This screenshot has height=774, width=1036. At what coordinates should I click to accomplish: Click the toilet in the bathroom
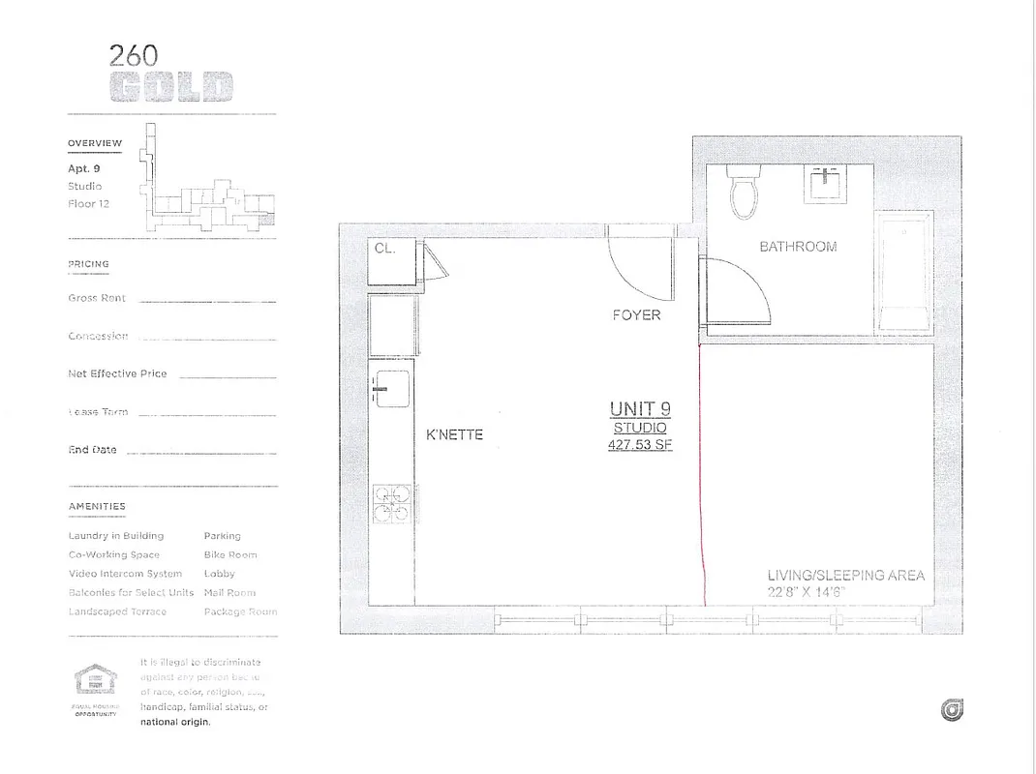coord(745,192)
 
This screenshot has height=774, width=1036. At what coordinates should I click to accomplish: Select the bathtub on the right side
coord(903,274)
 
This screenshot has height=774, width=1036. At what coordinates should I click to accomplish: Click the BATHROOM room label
coord(798,247)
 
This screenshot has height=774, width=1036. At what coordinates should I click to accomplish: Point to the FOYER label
coord(636,315)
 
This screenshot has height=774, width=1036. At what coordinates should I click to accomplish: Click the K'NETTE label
coord(454,434)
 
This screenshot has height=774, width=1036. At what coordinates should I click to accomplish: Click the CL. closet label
coord(385,249)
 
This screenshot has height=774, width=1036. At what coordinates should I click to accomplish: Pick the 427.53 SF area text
coord(639,446)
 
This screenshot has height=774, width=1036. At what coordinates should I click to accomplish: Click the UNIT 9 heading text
coord(639,408)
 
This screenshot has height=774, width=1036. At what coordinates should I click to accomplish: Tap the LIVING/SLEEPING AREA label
coord(845,576)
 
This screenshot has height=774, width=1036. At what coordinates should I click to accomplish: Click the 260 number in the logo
coord(134,56)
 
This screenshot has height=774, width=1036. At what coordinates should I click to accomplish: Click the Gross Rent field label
coord(97,299)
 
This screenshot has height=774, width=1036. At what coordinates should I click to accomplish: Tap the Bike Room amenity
coord(230,555)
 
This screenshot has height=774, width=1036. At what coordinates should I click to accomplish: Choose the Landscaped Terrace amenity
coord(117,611)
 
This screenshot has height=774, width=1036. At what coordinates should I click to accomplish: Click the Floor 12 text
coord(88,204)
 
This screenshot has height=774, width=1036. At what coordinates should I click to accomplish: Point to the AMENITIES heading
coord(97,506)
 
